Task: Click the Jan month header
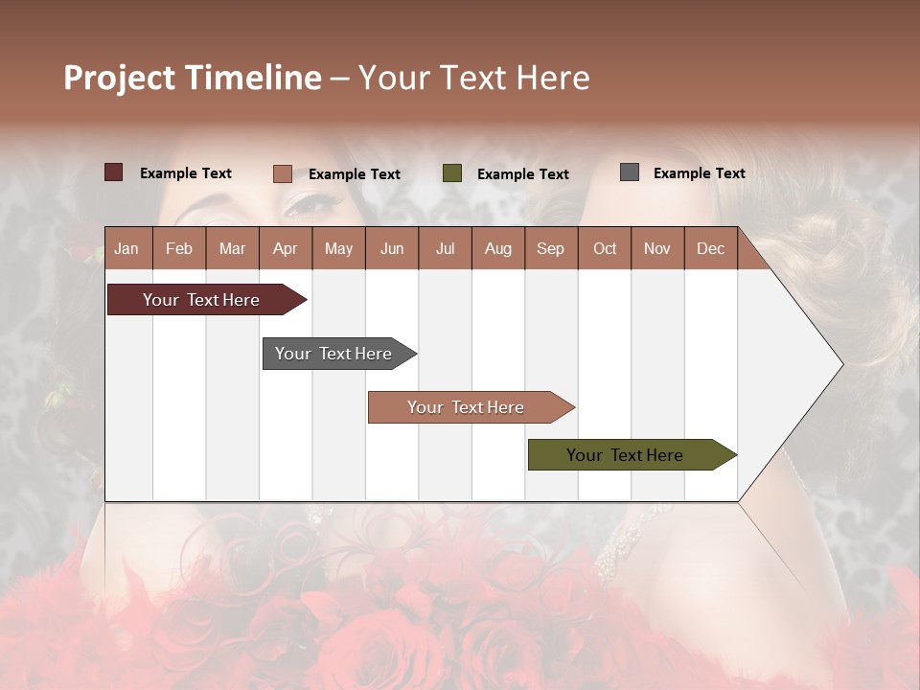(x=126, y=249)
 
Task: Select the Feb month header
(x=179, y=249)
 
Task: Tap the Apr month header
(x=285, y=249)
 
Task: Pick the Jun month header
(x=392, y=249)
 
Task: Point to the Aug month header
(x=498, y=249)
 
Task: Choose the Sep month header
(x=550, y=249)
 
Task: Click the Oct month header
(x=605, y=249)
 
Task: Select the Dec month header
(x=710, y=249)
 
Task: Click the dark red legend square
(x=114, y=172)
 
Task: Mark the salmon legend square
(x=283, y=173)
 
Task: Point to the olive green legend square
(x=452, y=173)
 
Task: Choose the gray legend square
(x=630, y=172)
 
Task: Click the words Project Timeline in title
(x=193, y=78)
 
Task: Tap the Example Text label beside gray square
(x=699, y=173)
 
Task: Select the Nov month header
(x=657, y=249)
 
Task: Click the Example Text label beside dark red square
(x=186, y=173)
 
